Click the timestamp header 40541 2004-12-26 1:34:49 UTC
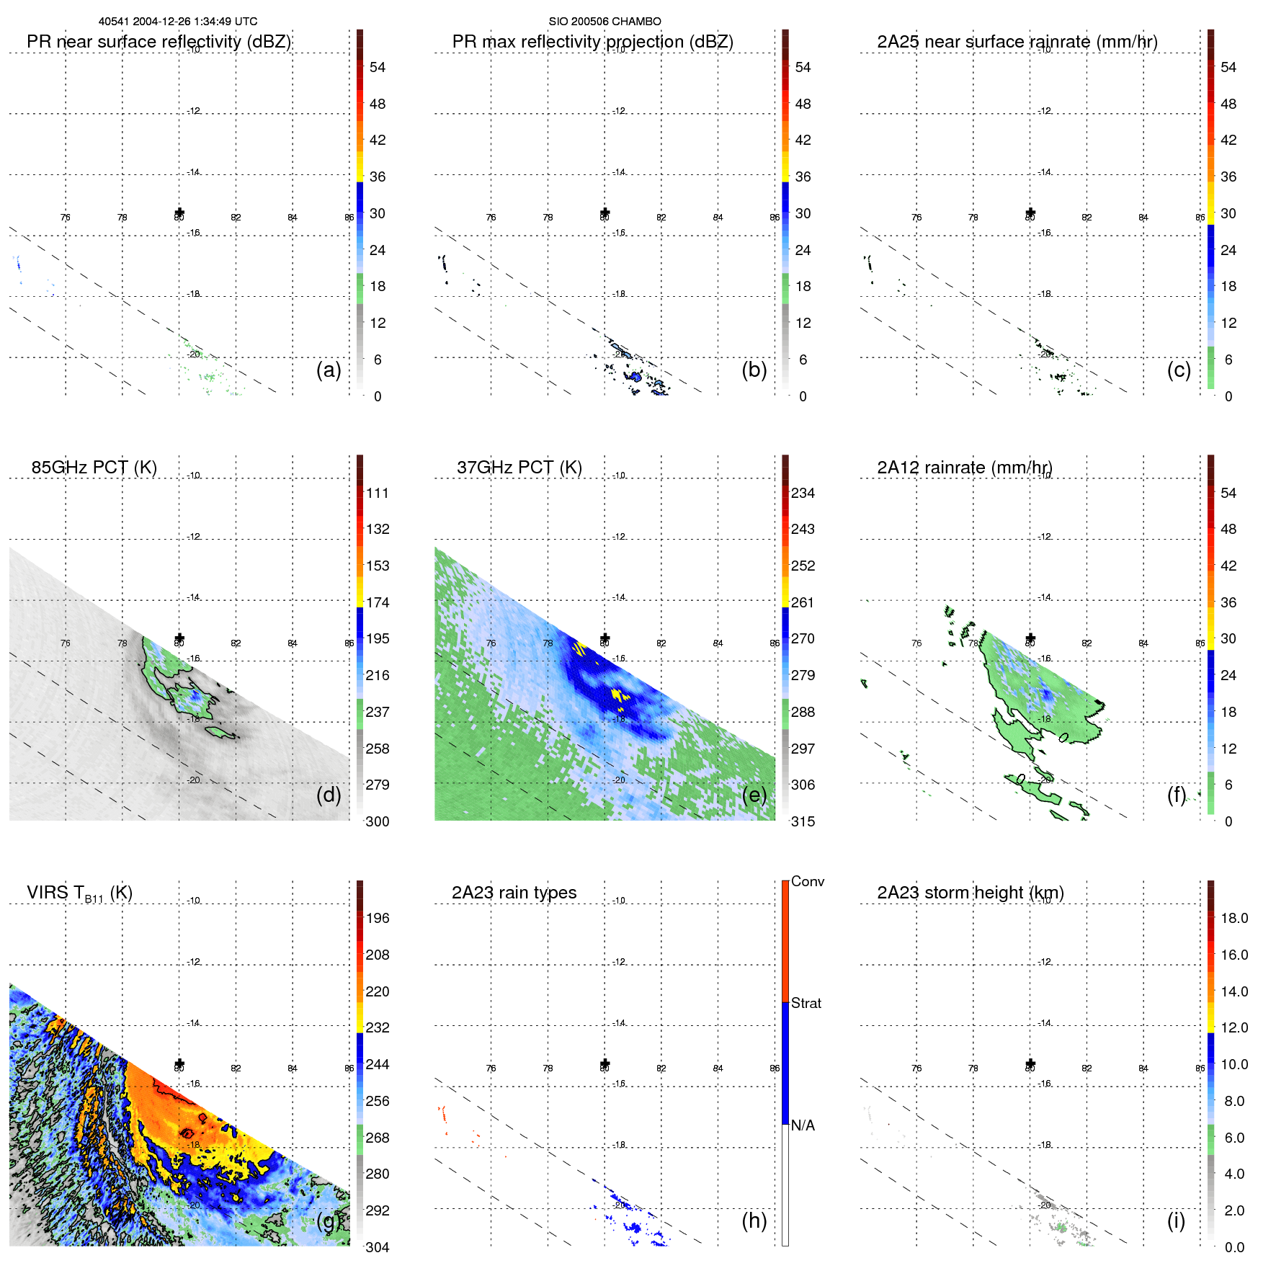(177, 22)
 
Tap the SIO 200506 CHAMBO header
(604, 22)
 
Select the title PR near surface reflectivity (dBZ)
(159, 42)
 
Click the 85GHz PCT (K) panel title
(94, 467)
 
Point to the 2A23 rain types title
(514, 893)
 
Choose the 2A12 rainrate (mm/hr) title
(964, 467)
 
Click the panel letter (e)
(754, 795)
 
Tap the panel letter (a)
(329, 370)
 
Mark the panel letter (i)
(1176, 1221)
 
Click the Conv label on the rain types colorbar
(807, 881)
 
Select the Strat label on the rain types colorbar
(806, 1003)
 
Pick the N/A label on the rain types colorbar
(803, 1125)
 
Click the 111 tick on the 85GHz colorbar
(377, 493)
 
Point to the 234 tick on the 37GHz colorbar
(803, 493)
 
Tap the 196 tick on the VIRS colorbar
(377, 918)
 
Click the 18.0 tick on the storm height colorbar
(1233, 918)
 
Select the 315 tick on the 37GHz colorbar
(803, 821)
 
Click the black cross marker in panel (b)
(604, 213)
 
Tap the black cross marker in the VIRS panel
(179, 1064)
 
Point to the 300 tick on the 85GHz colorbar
(377, 821)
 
